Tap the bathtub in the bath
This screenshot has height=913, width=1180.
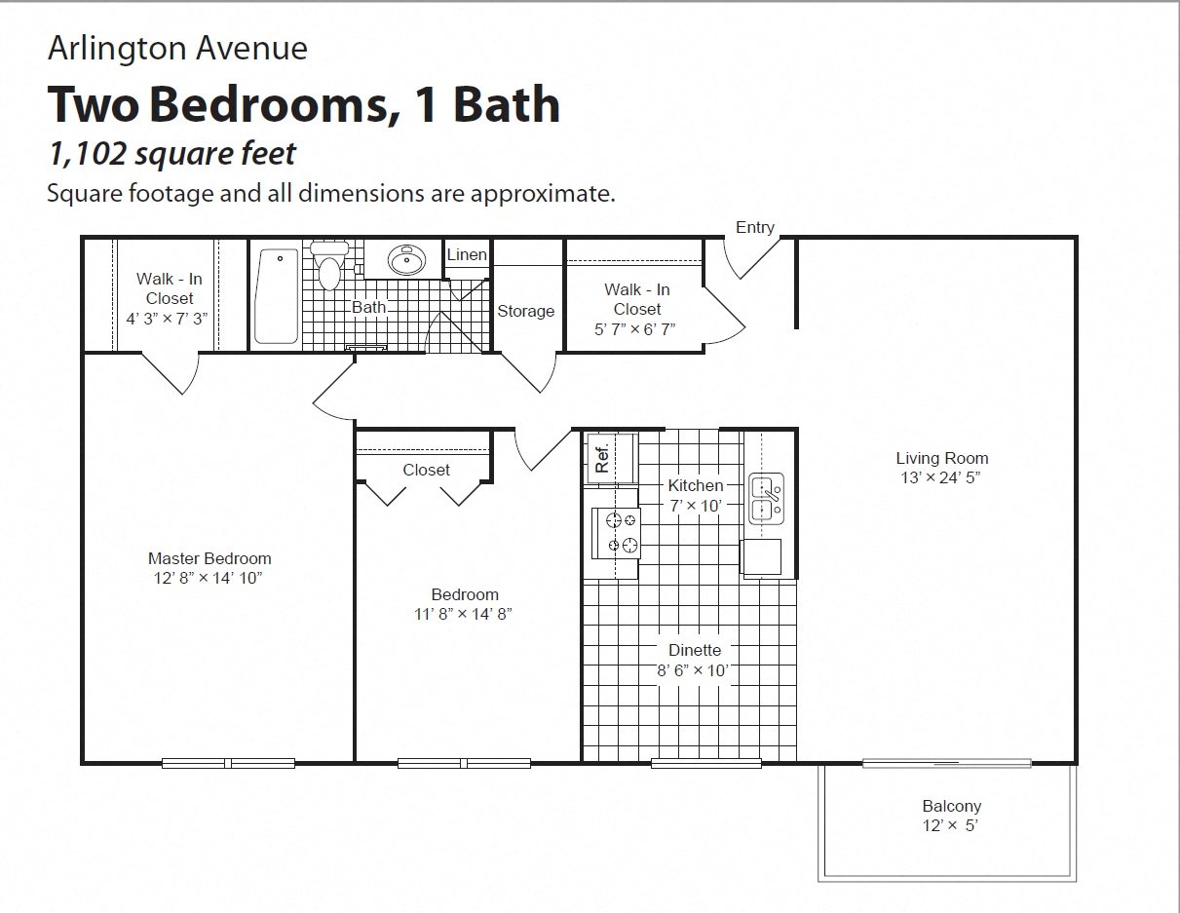tap(277, 296)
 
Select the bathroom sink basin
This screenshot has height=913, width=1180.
tap(405, 260)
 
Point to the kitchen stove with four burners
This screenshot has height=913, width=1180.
tap(617, 533)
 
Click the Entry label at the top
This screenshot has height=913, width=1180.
tap(755, 227)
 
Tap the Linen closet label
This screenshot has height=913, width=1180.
tap(467, 255)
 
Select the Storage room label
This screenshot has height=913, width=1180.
tap(525, 311)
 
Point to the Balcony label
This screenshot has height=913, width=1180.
tap(951, 806)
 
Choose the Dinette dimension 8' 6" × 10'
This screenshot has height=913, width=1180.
tap(694, 670)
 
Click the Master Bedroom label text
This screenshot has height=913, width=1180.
tap(209, 558)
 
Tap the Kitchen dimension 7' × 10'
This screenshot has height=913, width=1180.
tap(695, 505)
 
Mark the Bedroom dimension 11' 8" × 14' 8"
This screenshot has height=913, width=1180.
tap(465, 614)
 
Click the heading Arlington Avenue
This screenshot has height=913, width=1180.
tap(177, 48)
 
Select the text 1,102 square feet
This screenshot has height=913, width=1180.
tap(171, 153)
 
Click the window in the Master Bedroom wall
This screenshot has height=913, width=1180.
tap(228, 763)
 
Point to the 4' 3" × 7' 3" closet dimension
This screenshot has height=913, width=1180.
tap(167, 318)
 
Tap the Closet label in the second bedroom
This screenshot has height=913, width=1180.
tap(426, 470)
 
